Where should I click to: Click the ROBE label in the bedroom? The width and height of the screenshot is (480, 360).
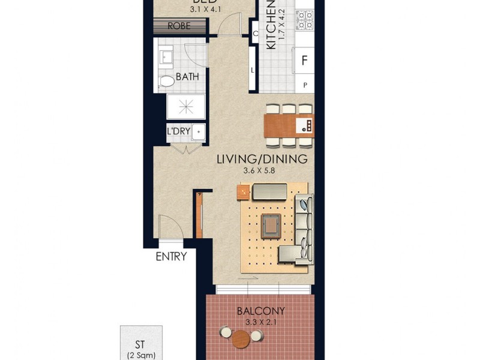(x=179, y=26)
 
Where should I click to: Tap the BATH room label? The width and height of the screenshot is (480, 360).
(x=187, y=77)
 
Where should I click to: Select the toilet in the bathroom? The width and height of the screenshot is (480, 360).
(x=166, y=80)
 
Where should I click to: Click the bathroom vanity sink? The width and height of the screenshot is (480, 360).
(x=166, y=58)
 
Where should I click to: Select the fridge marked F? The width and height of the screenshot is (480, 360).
(x=304, y=60)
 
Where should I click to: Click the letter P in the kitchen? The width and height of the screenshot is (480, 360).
(x=305, y=85)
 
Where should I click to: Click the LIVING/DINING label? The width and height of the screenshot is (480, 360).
(x=262, y=160)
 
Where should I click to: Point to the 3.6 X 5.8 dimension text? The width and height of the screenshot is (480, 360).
(x=262, y=170)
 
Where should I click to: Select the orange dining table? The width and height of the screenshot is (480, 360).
(x=289, y=125)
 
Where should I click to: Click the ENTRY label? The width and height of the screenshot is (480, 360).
(x=171, y=257)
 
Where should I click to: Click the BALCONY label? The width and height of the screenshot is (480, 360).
(x=260, y=311)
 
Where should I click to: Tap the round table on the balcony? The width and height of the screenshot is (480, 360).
(x=241, y=339)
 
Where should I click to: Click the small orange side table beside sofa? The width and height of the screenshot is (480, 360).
(x=243, y=192)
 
